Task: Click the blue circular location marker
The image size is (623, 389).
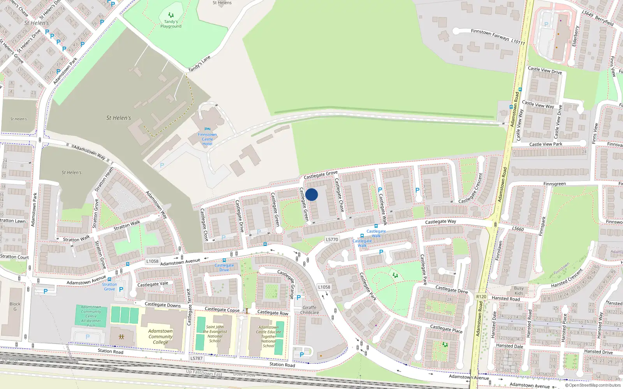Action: [x=311, y=194]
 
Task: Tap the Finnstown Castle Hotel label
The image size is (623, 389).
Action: [x=207, y=139]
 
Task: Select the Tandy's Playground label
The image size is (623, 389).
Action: [x=171, y=24]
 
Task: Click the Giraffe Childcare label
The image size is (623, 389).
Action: [x=310, y=310]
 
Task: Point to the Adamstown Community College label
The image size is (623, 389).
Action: [x=160, y=336]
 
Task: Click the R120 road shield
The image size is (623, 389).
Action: [x=481, y=296]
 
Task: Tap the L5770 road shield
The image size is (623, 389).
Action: [x=332, y=240]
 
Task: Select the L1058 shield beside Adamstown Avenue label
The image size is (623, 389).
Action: [x=152, y=261]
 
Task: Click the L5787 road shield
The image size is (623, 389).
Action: [x=196, y=358]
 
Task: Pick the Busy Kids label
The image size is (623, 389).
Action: [x=519, y=291]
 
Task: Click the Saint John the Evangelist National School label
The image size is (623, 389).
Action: [x=215, y=334]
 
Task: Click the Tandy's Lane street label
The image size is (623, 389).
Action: [x=199, y=64]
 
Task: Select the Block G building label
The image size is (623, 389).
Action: [x=15, y=307]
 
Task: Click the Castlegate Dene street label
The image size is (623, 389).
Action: [x=452, y=289]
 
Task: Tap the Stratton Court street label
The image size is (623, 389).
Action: [x=14, y=257]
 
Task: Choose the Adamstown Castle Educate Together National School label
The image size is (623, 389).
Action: [x=268, y=336]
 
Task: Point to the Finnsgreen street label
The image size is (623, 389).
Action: [x=554, y=184]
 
